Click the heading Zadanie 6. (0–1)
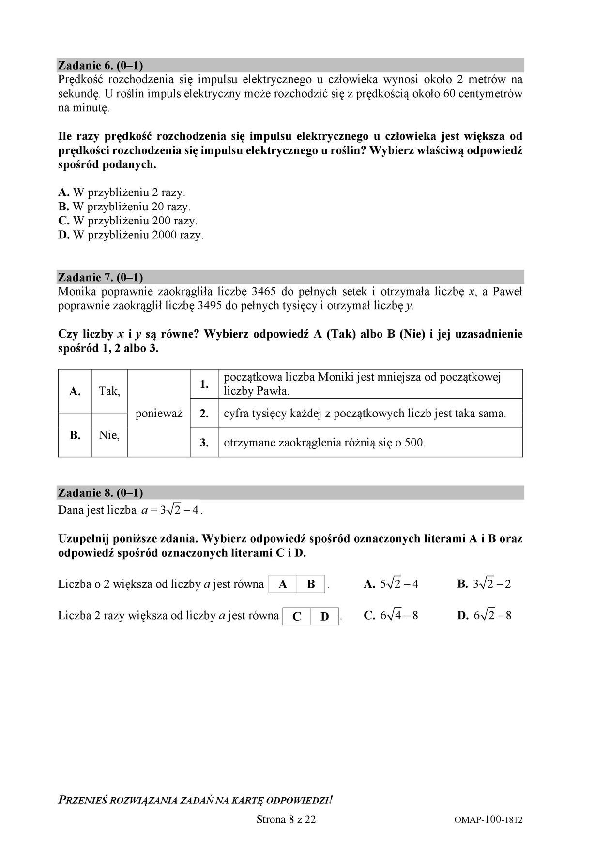100,65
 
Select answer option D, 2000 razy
131,236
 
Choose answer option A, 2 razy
122,193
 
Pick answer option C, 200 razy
128,221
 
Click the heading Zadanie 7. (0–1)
100,277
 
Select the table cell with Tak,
109,391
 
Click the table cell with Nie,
109,435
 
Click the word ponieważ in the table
159,413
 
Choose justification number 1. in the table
204,384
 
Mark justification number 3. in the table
204,442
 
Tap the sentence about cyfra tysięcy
365,414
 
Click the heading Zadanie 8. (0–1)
100,493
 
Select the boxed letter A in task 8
283,584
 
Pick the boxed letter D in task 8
325,616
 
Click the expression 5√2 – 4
399,584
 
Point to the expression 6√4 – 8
399,616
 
